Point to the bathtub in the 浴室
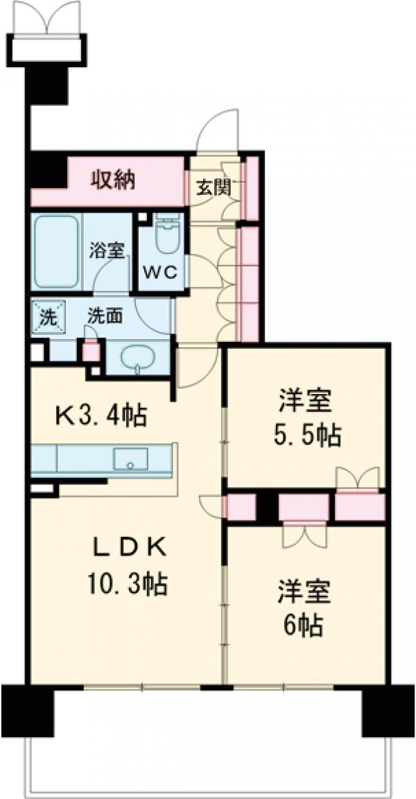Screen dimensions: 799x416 point(55,251)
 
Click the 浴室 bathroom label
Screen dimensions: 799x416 point(107,250)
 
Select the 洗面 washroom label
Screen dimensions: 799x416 point(105,316)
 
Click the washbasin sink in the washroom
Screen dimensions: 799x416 point(139,359)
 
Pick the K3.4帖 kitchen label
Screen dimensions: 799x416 point(101,415)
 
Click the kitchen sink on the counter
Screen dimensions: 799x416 point(130,458)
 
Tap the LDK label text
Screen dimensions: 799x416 point(130,548)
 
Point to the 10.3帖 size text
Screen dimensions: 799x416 point(126,586)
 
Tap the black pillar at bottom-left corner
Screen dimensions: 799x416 point(28,710)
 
